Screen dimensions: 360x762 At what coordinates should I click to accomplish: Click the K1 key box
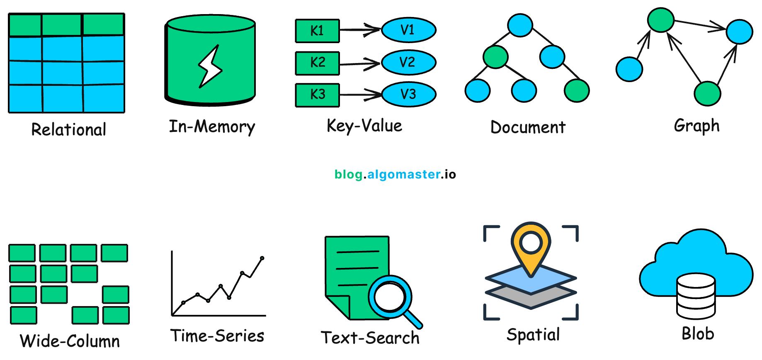[317, 31]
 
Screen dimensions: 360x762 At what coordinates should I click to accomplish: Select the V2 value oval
[408, 63]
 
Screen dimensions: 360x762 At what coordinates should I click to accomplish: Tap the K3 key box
[317, 95]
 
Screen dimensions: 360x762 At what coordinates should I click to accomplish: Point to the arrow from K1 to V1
[360, 30]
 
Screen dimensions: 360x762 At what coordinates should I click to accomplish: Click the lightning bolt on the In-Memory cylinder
[211, 67]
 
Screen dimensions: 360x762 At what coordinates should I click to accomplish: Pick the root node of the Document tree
[520, 25]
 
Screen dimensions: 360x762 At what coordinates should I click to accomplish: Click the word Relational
[69, 129]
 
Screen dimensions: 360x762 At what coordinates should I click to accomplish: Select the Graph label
[696, 126]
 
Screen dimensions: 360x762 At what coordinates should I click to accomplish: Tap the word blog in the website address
[348, 174]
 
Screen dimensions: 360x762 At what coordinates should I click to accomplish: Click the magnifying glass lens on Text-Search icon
[389, 297]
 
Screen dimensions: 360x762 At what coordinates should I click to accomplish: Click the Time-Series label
[217, 336]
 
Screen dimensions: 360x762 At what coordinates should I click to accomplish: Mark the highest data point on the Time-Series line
[262, 258]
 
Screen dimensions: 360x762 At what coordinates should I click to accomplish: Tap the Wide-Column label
[70, 341]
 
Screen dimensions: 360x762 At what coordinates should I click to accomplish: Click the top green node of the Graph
[661, 20]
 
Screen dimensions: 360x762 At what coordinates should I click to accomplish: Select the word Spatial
[533, 335]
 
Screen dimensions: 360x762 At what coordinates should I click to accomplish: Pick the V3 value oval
[408, 95]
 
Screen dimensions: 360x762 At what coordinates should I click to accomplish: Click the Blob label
[698, 334]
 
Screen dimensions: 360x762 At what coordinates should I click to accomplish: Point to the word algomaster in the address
[404, 174]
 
